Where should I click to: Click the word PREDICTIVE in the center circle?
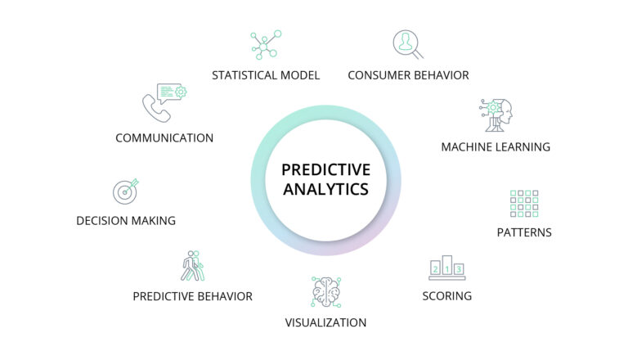tap(325, 169)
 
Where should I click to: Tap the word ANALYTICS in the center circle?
tap(325, 189)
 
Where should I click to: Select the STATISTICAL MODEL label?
tap(266, 75)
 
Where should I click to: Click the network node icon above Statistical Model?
tap(265, 44)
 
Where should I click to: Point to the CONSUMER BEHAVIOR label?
tap(408, 75)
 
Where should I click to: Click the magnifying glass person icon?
tap(407, 44)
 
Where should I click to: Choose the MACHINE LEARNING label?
tap(496, 147)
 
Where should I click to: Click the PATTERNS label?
tap(524, 232)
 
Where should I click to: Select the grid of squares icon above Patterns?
tap(524, 203)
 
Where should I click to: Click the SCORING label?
tap(446, 295)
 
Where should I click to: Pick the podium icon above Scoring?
tap(446, 266)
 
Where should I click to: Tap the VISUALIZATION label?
tap(325, 322)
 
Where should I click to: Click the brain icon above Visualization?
tap(325, 291)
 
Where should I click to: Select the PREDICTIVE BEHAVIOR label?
tap(192, 296)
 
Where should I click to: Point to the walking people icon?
tap(192, 266)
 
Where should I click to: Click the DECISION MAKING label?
tap(126, 221)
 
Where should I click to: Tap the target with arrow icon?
tap(125, 191)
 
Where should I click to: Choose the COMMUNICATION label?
tap(164, 138)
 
